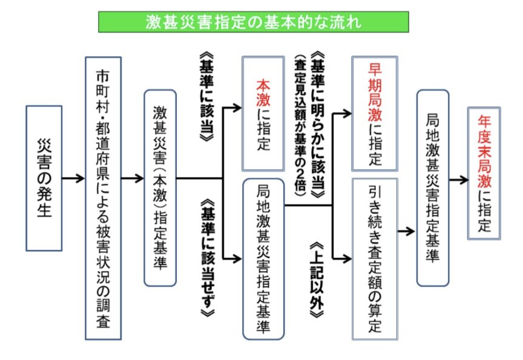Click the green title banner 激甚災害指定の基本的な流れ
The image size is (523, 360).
[253, 22]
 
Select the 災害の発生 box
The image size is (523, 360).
[44, 179]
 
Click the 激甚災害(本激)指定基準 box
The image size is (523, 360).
[160, 188]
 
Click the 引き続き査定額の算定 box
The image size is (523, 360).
[375, 258]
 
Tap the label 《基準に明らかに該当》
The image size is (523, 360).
[318, 128]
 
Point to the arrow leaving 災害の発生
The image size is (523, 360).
[73, 179]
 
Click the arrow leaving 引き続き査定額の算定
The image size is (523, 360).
[406, 231]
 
